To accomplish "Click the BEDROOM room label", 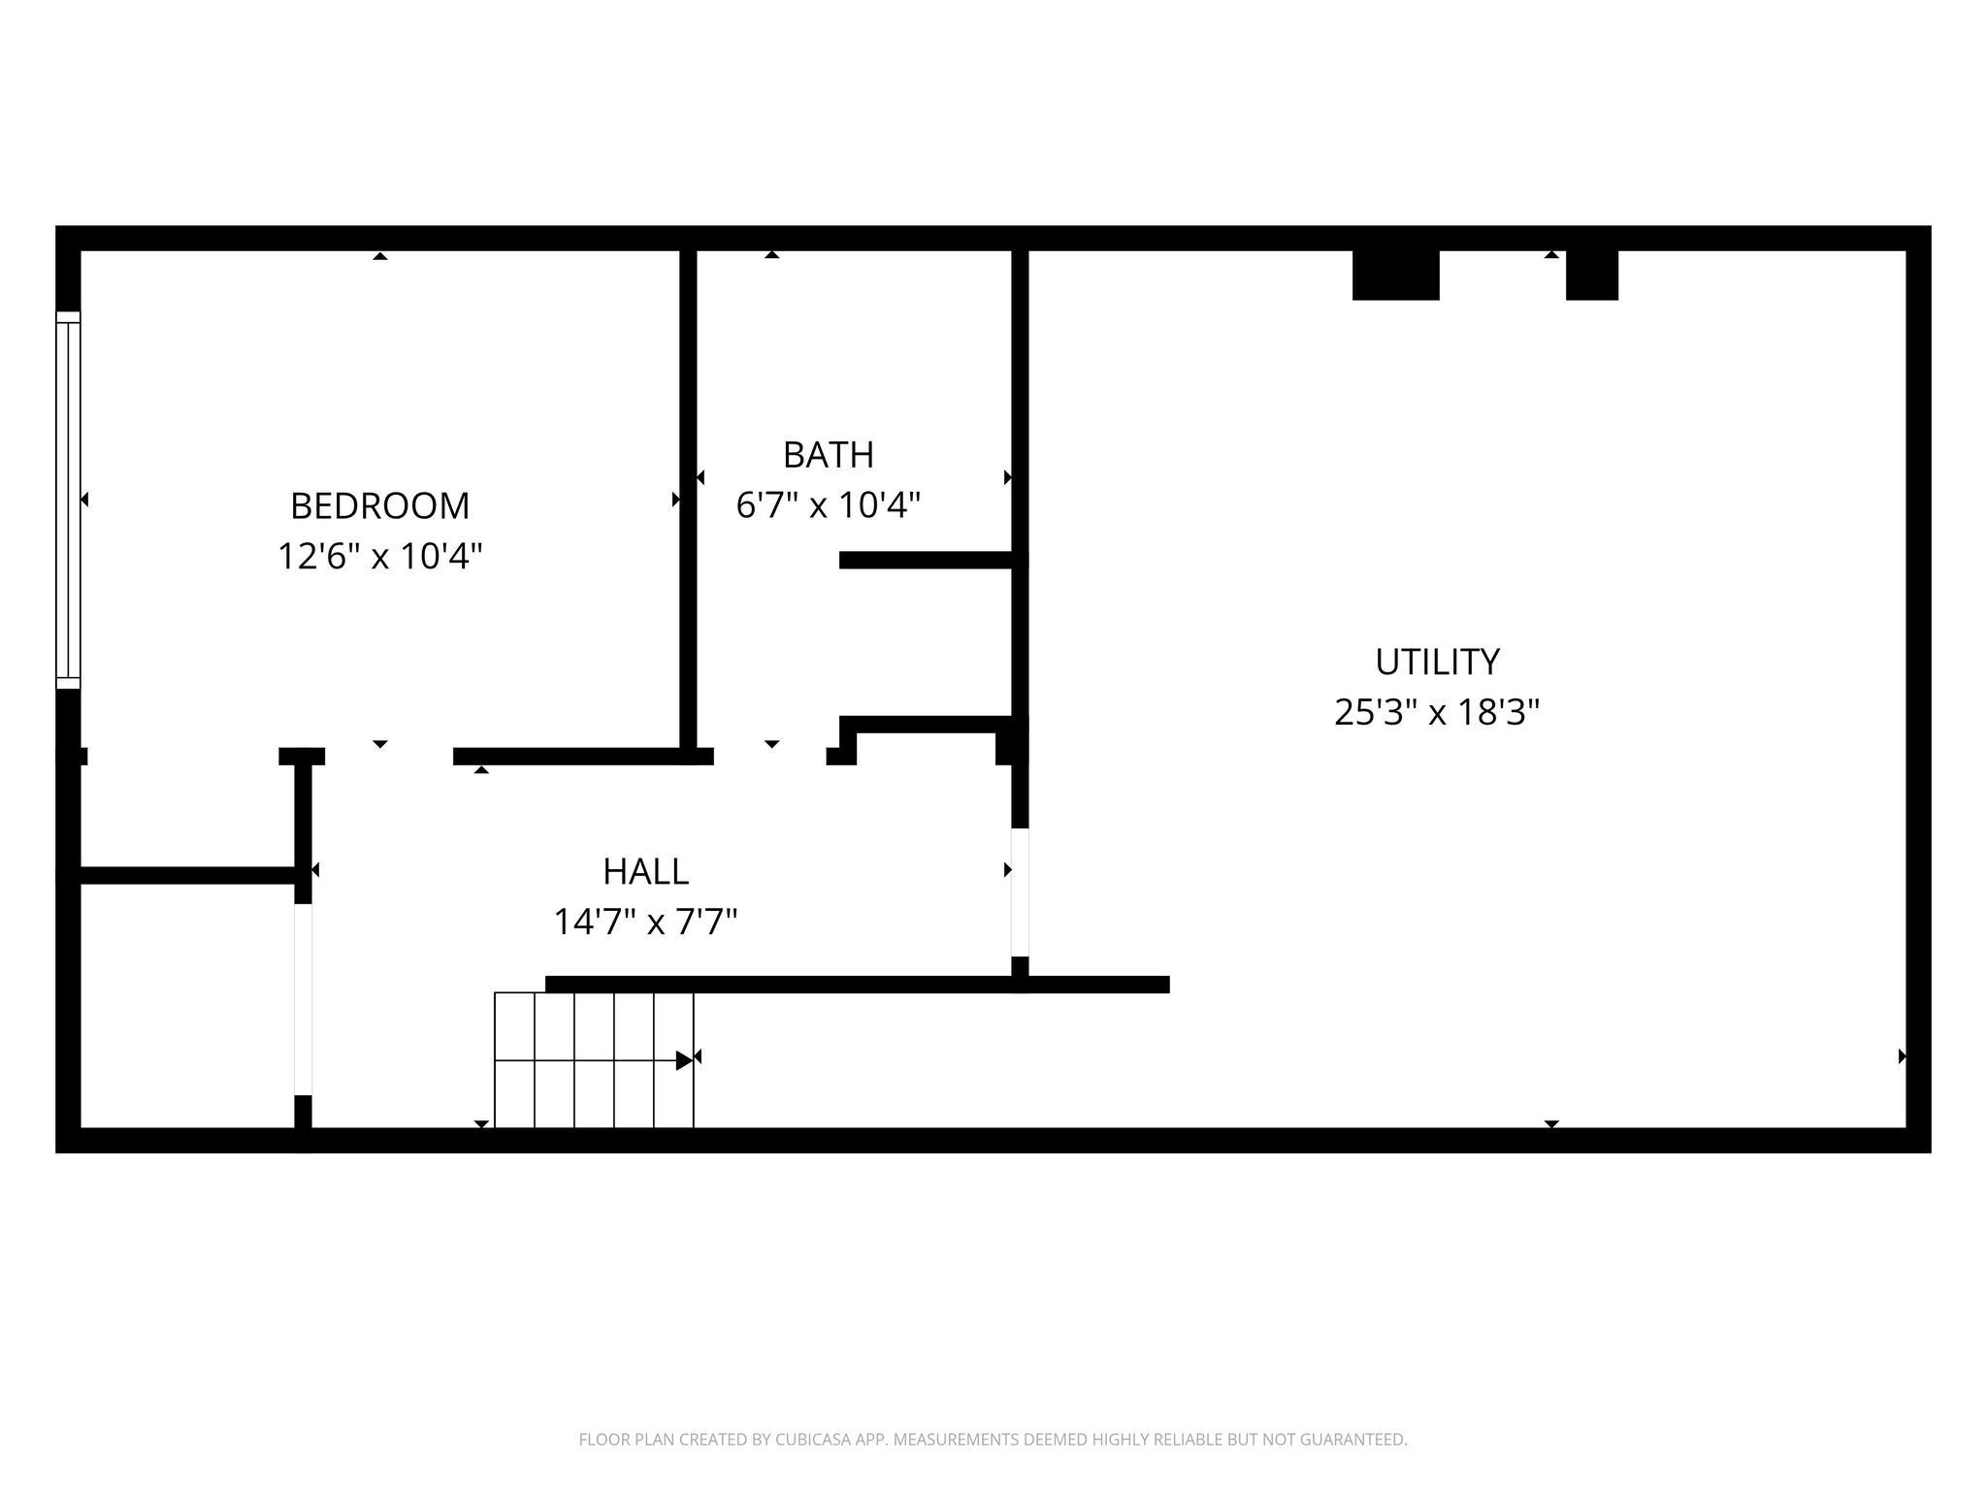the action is click(379, 505).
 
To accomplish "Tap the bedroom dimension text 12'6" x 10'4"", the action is click(379, 556).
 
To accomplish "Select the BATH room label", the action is click(828, 454).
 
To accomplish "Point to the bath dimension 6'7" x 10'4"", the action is click(828, 504).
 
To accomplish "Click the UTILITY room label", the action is click(1437, 662).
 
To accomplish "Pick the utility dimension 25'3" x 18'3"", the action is click(1437, 712).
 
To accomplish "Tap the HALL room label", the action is click(645, 871).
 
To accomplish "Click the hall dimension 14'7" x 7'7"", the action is click(645, 922).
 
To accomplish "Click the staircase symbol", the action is click(594, 1060).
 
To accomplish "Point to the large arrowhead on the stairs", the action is click(685, 1060).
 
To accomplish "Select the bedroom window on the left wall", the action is click(68, 500).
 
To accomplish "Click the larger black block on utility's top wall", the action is click(1395, 275).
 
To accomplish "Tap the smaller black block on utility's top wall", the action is click(1592, 275).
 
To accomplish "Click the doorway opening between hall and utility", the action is click(1020, 892).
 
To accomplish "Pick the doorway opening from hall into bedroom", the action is click(389, 757).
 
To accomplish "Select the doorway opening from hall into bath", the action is click(770, 757).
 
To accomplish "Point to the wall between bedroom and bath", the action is click(688, 500).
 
